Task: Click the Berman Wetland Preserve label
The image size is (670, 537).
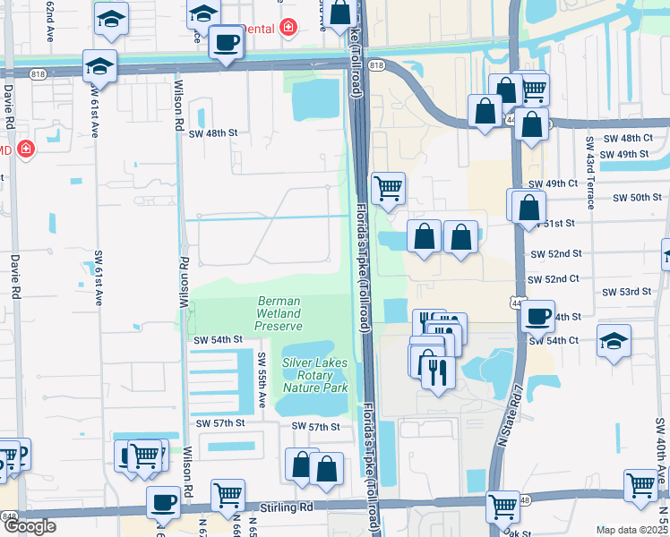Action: pos(279,314)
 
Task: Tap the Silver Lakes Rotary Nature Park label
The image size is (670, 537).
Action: pos(315,375)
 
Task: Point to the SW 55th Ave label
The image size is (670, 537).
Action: pos(262,380)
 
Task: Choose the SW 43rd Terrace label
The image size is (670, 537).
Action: pos(589,170)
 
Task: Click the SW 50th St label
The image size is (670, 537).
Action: pos(627,197)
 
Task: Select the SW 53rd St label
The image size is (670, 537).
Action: pos(627,292)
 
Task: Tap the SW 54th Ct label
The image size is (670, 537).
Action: pos(554,341)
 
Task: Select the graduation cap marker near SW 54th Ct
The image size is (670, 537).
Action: pos(614,341)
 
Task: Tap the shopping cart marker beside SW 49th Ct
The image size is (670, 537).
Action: pos(388,188)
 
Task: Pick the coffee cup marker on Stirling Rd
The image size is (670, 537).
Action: pos(163,503)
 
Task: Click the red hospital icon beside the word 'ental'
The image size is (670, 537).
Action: pos(288,27)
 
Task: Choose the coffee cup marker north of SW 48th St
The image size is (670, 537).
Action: pos(224,42)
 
